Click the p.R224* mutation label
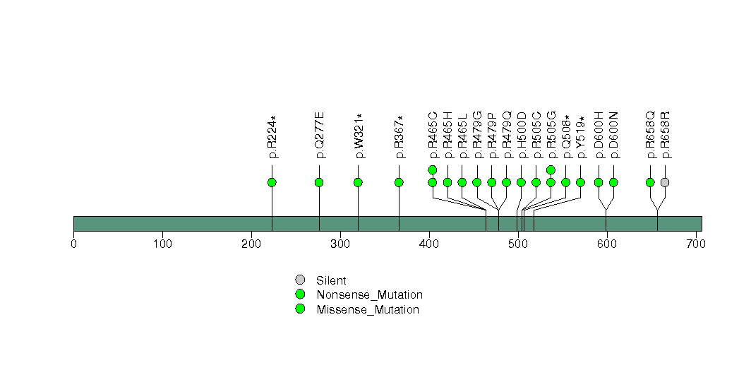point(272,137)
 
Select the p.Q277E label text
point(320,136)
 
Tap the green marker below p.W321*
point(358,182)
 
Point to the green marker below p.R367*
point(399,182)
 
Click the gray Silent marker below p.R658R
point(665,182)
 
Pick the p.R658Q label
point(650,136)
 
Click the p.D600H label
point(599,136)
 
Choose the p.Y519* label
point(581,137)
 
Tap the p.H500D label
point(522,136)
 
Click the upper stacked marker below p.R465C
point(433,170)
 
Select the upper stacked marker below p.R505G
point(551,170)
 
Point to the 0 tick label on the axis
point(74,244)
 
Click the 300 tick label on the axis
point(340,244)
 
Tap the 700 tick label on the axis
point(696,244)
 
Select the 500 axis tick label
point(518,244)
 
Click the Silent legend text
point(331,281)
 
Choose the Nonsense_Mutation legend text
point(370,295)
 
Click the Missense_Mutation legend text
point(368,310)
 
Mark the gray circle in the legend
point(300,280)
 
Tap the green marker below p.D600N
point(613,182)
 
